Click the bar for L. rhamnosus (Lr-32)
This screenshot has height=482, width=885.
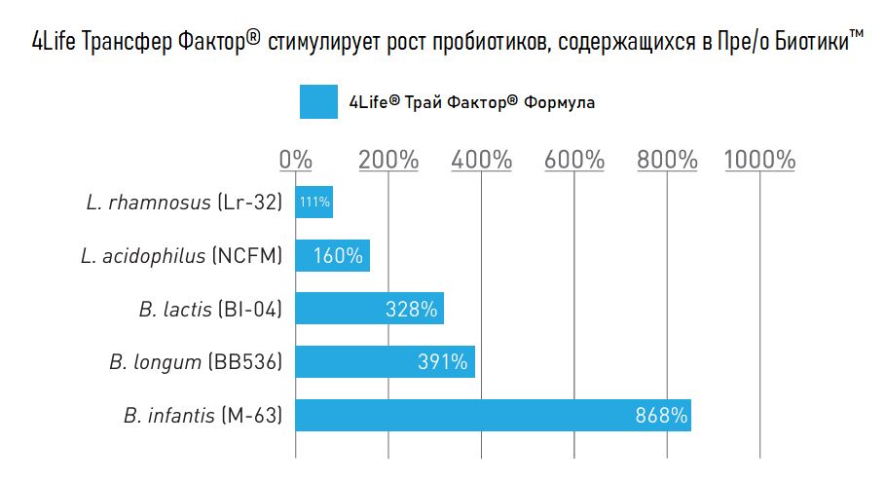(314, 203)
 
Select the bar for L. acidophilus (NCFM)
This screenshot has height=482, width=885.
(332, 256)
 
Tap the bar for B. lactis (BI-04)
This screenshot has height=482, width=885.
(369, 309)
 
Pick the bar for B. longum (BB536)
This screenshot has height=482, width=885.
(385, 362)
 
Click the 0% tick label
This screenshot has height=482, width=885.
(295, 160)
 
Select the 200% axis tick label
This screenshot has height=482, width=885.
(388, 160)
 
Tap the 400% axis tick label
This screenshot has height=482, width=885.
(481, 160)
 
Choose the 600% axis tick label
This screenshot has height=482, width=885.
(574, 160)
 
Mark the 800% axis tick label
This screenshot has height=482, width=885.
(667, 160)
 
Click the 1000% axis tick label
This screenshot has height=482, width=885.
(759, 160)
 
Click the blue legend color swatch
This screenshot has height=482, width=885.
(318, 102)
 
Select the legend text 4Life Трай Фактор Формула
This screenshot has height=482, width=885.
(471, 102)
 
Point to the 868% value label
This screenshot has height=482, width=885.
(661, 416)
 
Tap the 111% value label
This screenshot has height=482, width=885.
(314, 204)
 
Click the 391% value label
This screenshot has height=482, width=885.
(443, 362)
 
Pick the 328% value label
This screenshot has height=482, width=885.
(412, 310)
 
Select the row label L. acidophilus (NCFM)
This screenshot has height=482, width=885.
(181, 256)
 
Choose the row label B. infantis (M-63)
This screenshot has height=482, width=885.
(203, 416)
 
